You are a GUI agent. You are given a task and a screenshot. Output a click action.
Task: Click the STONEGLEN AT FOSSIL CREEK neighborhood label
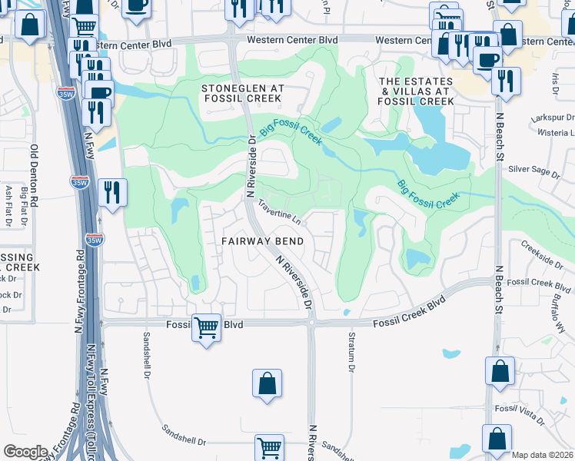243,95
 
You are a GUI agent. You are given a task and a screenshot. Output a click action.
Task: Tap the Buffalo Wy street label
558,311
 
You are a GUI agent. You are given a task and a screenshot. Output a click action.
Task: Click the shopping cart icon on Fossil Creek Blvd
206,328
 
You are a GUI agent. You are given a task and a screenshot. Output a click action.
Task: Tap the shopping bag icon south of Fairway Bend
267,383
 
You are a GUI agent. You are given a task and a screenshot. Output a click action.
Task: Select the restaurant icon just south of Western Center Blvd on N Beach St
506,81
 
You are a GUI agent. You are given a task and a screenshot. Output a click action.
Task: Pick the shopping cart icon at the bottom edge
269,448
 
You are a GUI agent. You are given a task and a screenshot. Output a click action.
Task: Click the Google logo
25,452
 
